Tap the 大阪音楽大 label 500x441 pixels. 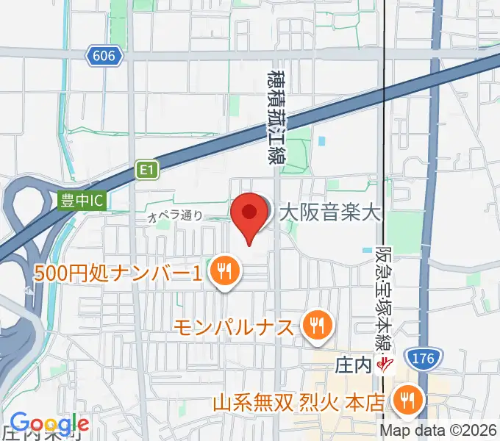(330, 214)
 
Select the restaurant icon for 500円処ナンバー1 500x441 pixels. (222, 273)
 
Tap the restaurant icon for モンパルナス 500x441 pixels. (318, 324)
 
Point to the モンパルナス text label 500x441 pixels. (237, 325)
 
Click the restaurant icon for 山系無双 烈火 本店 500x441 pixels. (405, 401)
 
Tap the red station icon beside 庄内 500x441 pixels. (383, 363)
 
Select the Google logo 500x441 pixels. (49, 423)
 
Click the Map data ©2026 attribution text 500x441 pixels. (440, 431)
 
